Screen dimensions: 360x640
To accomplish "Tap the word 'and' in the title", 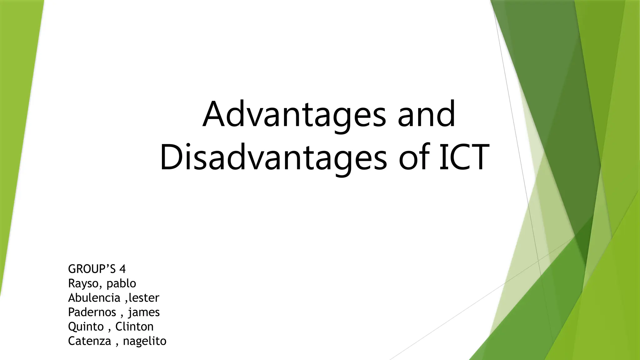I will (426, 114).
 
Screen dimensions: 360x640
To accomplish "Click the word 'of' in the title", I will (414, 157).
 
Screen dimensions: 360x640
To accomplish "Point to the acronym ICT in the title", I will (464, 157).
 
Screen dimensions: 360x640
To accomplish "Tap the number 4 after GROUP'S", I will (122, 269).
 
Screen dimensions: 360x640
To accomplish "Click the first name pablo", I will (121, 283).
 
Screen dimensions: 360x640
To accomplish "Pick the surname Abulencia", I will (94, 298).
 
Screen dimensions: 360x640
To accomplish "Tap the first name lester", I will (144, 298).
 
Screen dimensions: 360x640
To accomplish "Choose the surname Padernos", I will (92, 312).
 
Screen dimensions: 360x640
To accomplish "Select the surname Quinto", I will (86, 327).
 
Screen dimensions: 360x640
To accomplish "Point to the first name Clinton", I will (134, 327).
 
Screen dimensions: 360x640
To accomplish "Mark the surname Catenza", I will (89, 341).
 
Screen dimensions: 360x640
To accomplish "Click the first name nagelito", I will (145, 341).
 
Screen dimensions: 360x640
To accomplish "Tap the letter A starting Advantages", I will (214, 114).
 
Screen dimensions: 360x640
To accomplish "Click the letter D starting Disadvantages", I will (171, 157).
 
